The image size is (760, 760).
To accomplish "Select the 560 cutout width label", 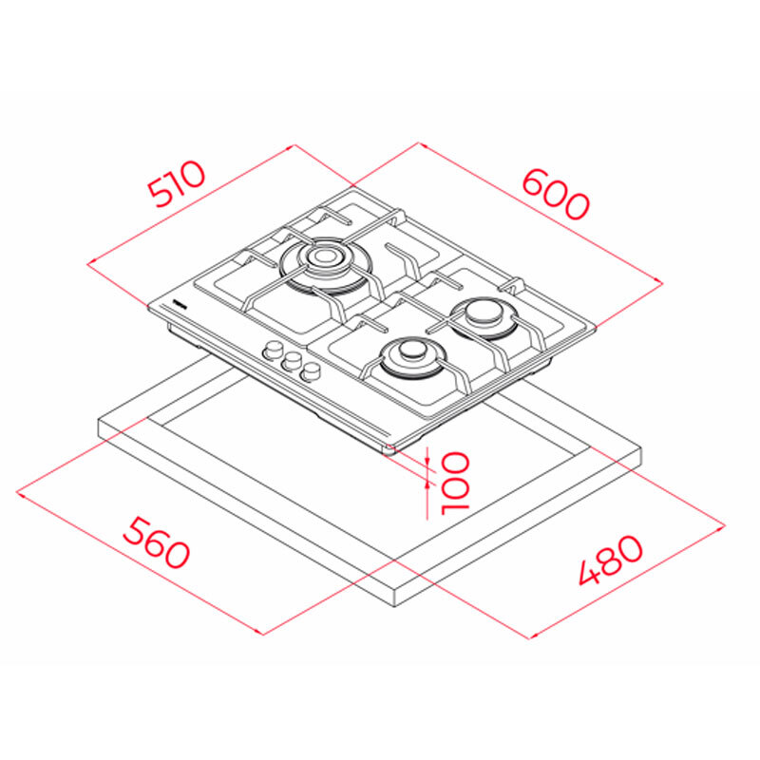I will tap(157, 542).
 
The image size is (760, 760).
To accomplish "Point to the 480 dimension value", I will tap(609, 560).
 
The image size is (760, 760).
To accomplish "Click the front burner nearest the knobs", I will tap(412, 353).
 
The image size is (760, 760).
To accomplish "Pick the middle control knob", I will tap(292, 361).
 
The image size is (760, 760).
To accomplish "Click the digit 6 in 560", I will tap(157, 542).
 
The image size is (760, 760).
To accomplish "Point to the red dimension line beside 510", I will tap(190, 205).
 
